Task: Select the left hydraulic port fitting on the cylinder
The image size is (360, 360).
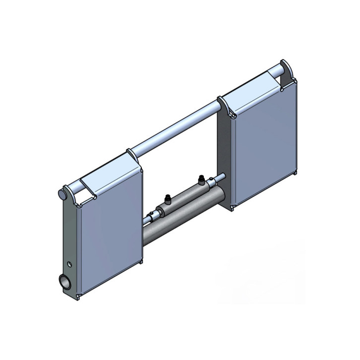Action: pos(168,199)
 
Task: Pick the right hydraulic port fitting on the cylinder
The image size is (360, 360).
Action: pos(201,179)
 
